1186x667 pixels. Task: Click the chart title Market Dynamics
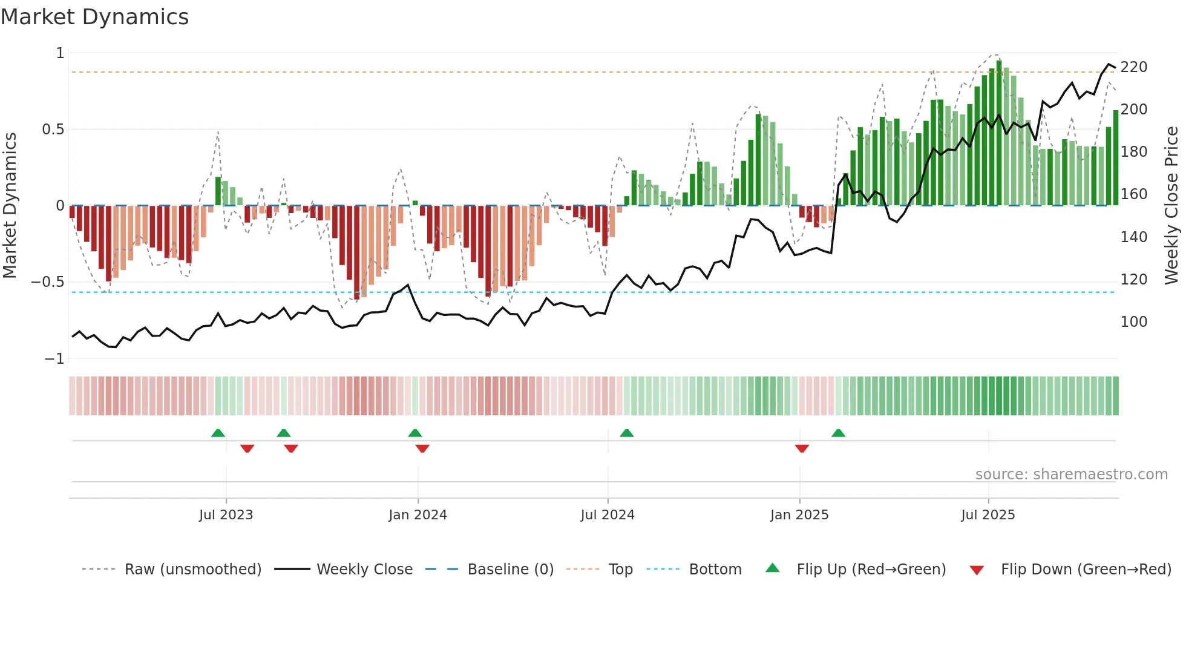click(95, 17)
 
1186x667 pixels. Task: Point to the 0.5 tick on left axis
click(53, 130)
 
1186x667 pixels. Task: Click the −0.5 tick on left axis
click(48, 282)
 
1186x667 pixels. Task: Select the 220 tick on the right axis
click(1133, 67)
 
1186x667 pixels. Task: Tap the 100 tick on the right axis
click(1133, 322)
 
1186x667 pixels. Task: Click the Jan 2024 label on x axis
click(418, 515)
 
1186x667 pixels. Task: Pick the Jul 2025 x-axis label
click(988, 515)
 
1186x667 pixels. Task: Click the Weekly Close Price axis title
click(1171, 206)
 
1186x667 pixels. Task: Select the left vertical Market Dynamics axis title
click(10, 206)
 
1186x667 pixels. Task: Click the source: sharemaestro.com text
click(1071, 475)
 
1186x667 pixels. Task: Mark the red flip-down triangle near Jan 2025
click(802, 448)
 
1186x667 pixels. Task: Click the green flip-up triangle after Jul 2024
click(627, 433)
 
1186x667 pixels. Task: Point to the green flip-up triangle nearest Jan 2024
click(415, 433)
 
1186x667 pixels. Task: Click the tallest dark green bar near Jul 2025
click(999, 133)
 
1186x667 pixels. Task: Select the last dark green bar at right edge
click(1116, 157)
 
